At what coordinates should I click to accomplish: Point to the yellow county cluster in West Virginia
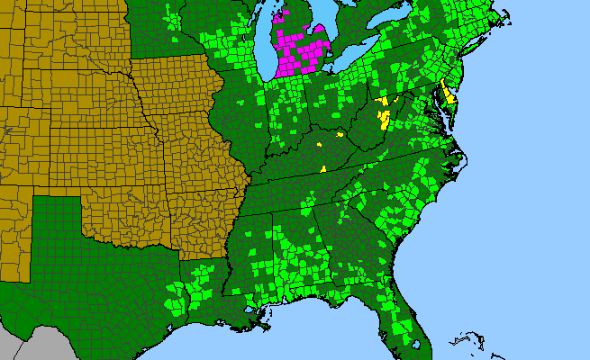(x=385, y=112)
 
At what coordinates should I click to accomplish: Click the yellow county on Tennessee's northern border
(x=322, y=168)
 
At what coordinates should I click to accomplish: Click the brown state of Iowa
(x=176, y=85)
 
